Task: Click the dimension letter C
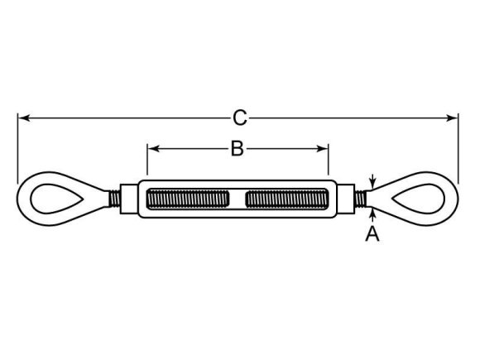click(239, 118)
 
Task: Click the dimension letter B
click(237, 149)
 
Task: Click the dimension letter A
click(372, 235)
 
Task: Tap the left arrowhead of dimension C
click(22, 118)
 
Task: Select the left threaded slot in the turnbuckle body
click(187, 199)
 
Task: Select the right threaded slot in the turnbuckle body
click(287, 199)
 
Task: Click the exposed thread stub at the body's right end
click(362, 199)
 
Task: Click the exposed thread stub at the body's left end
click(112, 199)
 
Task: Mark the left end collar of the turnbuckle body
click(129, 199)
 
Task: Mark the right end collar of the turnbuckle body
click(346, 199)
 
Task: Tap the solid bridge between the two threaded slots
click(238, 199)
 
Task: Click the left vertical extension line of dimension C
click(17, 149)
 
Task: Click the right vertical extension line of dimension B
click(329, 161)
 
